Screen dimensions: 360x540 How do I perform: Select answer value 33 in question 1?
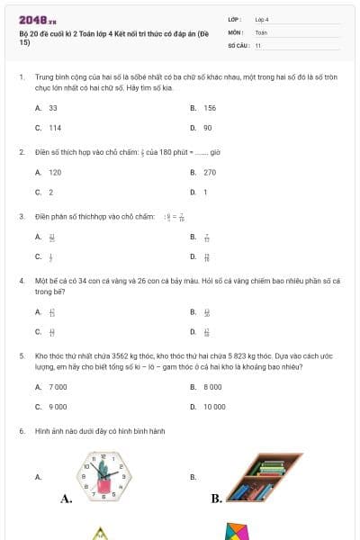53,107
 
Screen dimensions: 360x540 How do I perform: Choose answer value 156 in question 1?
210,107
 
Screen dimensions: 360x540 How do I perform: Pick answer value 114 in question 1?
55,128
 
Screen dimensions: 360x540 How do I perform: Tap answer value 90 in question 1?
208,128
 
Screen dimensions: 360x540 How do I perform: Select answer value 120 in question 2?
55,172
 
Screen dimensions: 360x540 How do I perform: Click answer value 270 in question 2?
210,172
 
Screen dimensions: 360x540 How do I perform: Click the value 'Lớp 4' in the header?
262,19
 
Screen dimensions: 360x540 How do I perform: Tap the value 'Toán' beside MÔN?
261,31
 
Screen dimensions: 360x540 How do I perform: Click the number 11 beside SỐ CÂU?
258,44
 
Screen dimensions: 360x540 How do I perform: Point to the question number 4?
21,281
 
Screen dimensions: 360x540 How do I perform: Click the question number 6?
21,431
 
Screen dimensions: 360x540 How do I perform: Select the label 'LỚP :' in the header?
235,19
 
